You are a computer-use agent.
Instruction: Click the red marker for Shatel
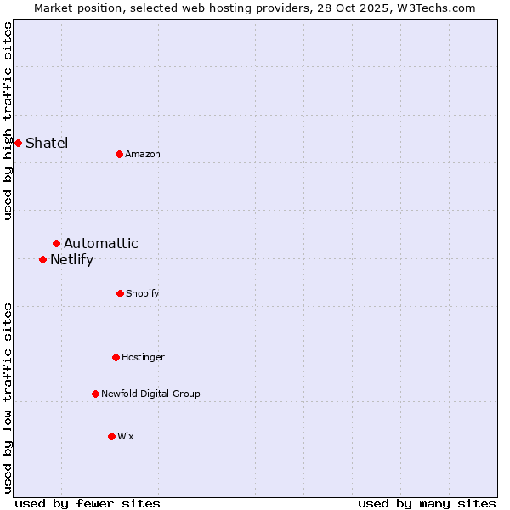pos(18,143)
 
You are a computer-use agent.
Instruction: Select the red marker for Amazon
pos(119,154)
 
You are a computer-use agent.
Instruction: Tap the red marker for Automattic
pos(56,244)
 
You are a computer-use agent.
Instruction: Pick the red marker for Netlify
pos(42,259)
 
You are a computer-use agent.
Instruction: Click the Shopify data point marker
pos(120,293)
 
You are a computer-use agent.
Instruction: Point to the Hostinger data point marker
pos(116,357)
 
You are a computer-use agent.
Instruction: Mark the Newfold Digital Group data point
pos(95,394)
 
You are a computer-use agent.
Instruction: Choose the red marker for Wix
pos(111,436)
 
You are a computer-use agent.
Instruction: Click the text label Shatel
pos(47,143)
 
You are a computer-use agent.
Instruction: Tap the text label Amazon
pos(143,154)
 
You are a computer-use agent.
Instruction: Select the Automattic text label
pos(101,244)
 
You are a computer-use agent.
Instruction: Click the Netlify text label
pos(71,260)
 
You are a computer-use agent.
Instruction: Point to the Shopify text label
pos(143,293)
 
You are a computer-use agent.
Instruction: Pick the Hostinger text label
pos(143,357)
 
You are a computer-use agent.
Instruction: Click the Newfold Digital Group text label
pos(150,394)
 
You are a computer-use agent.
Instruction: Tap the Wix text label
pos(126,436)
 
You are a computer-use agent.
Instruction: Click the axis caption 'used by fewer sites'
pos(88,504)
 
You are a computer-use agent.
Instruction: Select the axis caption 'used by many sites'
pos(427,504)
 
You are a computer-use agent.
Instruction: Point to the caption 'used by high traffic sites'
pos(8,121)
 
